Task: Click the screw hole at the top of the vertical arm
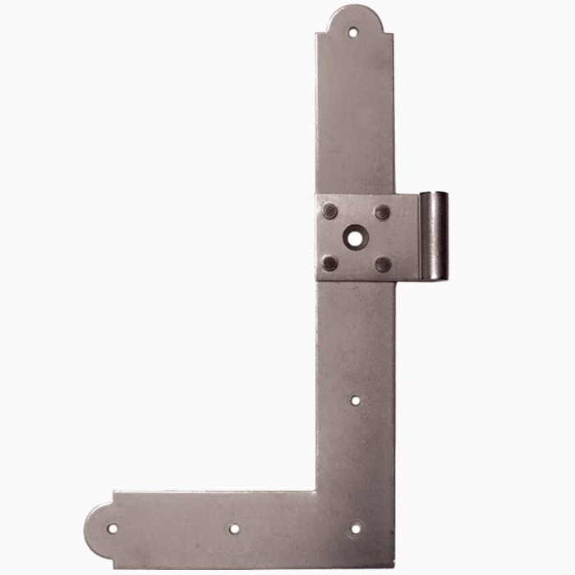353,33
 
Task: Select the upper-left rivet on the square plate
329,211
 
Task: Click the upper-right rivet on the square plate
382,211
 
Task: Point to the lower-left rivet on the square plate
329,263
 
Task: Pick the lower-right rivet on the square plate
382,264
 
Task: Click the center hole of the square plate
354,237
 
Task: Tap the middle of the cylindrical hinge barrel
434,236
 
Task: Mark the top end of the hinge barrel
435,194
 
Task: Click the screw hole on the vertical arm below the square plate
355,401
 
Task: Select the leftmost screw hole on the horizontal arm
113,528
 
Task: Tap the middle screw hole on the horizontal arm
234,529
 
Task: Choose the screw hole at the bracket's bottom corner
356,528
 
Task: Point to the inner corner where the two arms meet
316,491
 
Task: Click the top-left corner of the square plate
316,195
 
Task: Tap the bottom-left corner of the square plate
316,281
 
